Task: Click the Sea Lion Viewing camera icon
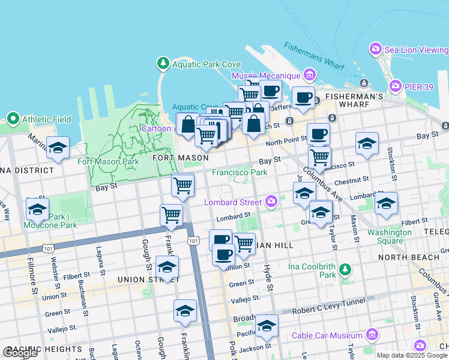click(x=376, y=48)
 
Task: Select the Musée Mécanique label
click(x=265, y=76)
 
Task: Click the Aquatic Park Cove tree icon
click(x=163, y=64)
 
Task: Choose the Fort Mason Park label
click(x=109, y=161)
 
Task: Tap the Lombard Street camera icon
click(x=271, y=202)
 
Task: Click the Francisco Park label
click(x=240, y=172)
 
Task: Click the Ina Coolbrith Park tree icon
click(x=345, y=269)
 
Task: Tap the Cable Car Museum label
click(x=327, y=335)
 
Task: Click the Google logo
click(x=20, y=353)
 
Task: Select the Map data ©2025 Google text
click(x=412, y=355)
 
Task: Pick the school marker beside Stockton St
click(x=367, y=143)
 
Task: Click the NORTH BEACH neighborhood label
click(x=404, y=257)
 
